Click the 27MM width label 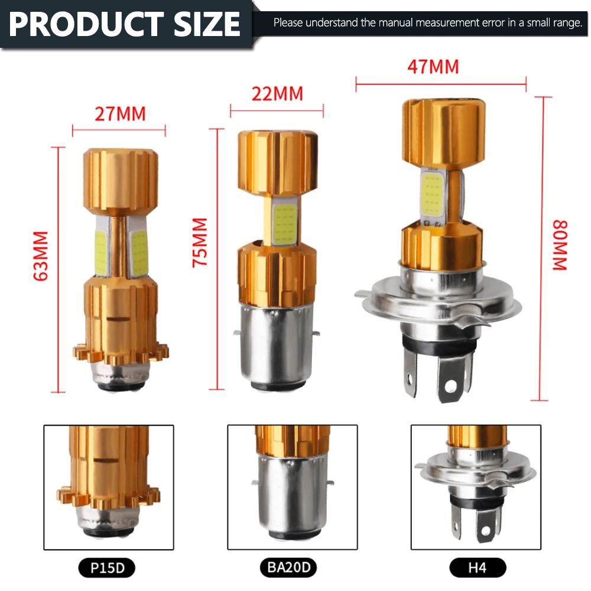click(x=120, y=114)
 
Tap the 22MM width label click(x=277, y=94)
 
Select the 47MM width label click(x=433, y=67)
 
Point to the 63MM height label click(x=41, y=256)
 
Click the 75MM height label click(x=200, y=243)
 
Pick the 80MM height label click(x=560, y=245)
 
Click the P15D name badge click(x=106, y=567)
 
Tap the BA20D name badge click(x=288, y=567)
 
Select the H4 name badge click(x=478, y=567)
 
